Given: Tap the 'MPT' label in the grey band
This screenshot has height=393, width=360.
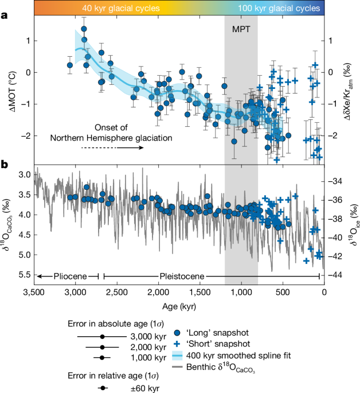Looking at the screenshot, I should coord(241,27).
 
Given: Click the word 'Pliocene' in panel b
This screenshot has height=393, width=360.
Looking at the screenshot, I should coord(65,276).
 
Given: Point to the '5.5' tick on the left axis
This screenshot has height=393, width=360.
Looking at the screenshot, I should coord(23,275).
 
